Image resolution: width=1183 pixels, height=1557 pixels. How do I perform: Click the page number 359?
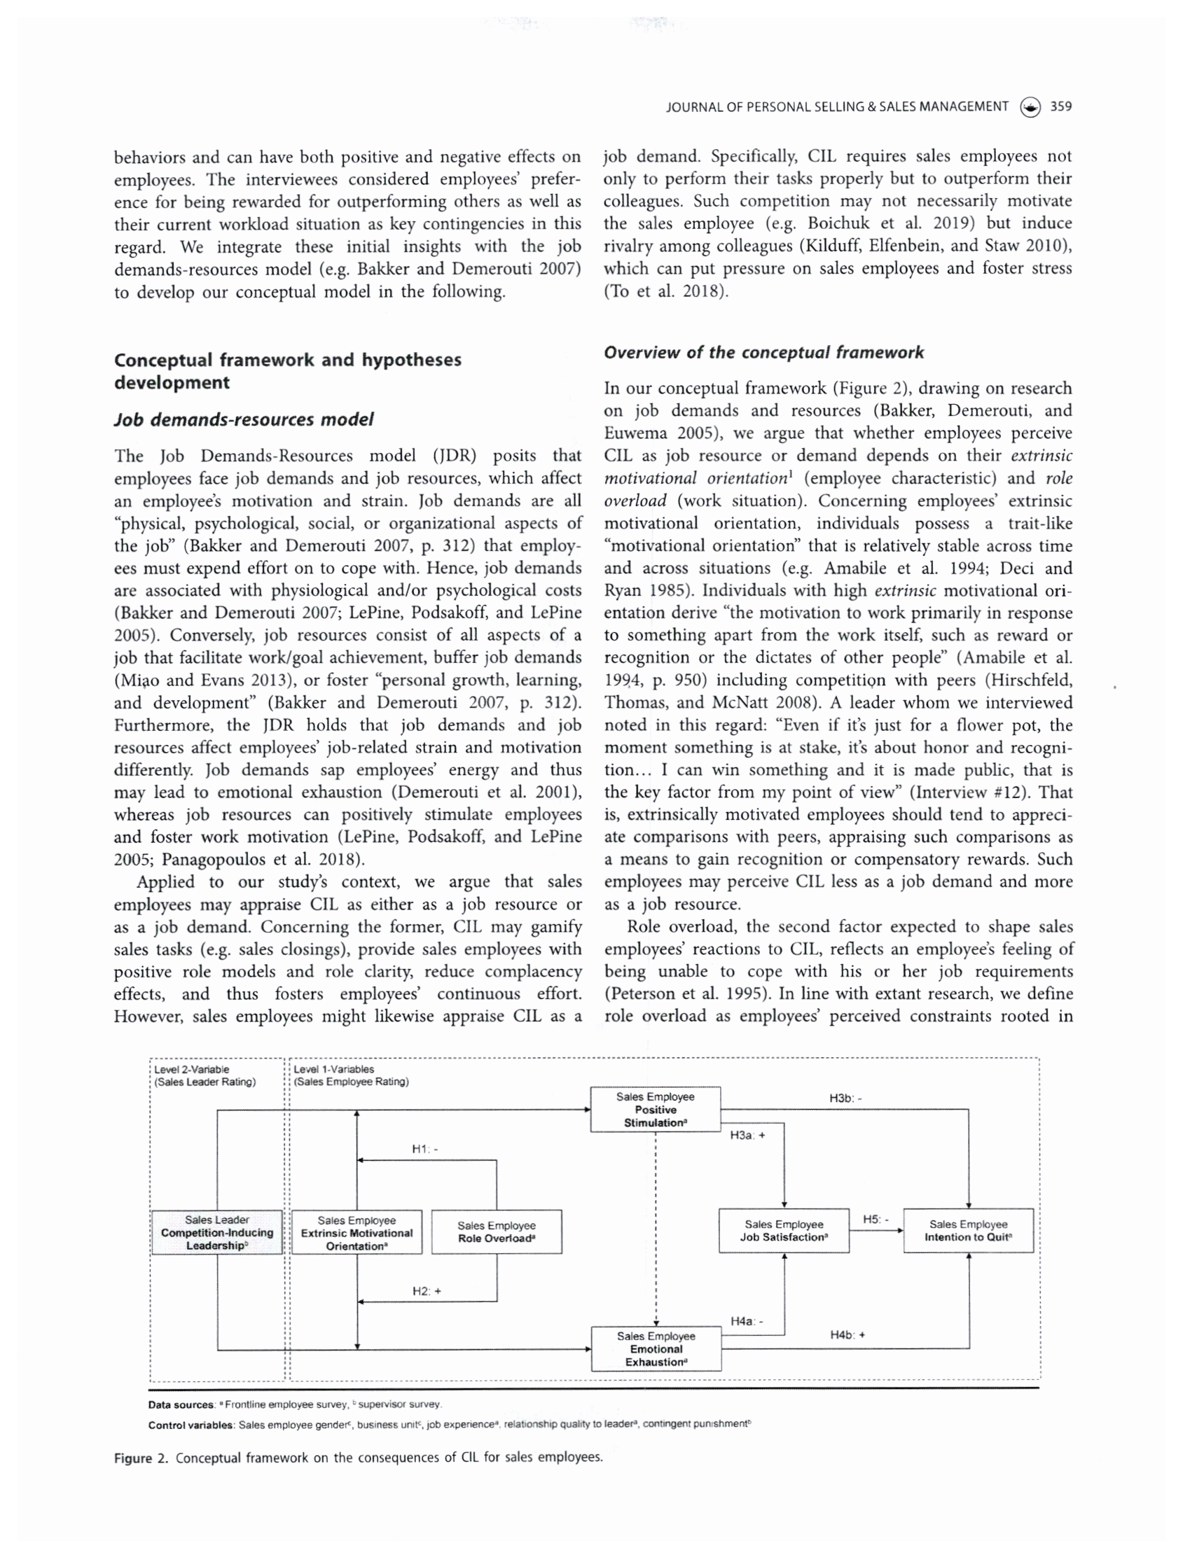[1060, 107]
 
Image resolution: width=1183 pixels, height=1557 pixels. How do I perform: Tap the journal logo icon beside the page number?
[1030, 107]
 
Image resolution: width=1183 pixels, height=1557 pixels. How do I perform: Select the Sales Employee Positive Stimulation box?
[655, 1110]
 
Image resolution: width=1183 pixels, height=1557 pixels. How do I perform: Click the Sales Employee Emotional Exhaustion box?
[656, 1348]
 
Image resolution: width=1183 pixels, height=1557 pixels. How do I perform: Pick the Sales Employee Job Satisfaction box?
[783, 1230]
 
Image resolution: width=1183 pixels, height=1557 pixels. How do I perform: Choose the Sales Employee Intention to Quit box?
[968, 1230]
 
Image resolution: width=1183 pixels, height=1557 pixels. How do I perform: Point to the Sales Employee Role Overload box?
[497, 1231]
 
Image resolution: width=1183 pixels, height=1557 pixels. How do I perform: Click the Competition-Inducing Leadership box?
[217, 1231]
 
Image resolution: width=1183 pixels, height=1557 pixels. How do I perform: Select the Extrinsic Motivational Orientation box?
[357, 1232]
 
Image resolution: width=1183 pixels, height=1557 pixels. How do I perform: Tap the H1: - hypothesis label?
[424, 1149]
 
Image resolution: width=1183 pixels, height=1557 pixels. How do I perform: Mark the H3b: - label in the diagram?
[845, 1098]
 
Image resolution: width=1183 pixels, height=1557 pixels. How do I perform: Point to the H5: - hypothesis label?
[876, 1218]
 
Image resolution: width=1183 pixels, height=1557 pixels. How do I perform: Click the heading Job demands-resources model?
[244, 419]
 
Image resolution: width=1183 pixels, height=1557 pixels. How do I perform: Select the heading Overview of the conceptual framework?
[763, 353]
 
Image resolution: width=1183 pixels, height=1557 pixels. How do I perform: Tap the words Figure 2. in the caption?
[141, 1458]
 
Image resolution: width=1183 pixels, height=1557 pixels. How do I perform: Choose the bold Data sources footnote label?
[181, 1405]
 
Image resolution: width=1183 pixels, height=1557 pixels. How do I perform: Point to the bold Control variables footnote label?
[191, 1425]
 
